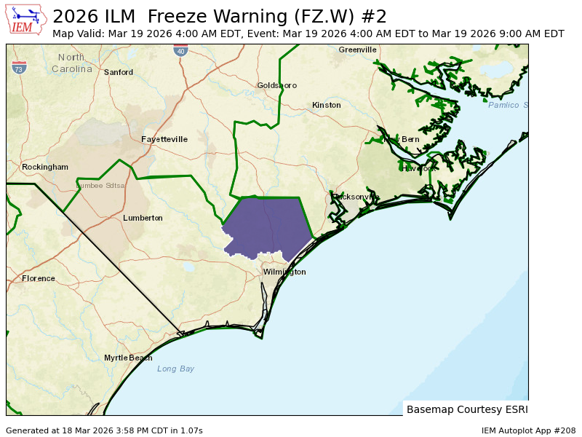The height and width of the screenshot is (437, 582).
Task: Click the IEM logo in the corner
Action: [25, 20]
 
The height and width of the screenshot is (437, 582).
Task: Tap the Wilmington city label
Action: [284, 272]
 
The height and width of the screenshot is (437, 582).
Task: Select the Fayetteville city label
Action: [164, 139]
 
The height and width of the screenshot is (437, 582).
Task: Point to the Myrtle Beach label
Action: [128, 358]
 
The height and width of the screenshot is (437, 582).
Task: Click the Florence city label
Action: [39, 278]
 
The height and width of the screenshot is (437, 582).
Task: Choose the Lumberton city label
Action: [143, 218]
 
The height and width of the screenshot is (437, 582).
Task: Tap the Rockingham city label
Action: [45, 167]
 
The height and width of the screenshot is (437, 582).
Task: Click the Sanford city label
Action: [119, 72]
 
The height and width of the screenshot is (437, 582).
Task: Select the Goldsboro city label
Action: [276, 85]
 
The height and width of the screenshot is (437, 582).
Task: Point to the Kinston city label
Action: [326, 105]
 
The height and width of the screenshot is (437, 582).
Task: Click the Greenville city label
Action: [357, 50]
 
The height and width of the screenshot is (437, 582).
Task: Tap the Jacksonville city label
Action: [356, 197]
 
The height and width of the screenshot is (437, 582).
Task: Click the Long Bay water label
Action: [175, 369]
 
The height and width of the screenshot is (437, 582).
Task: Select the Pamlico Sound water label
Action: [507, 105]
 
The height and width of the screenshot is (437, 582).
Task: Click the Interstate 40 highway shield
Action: [180, 50]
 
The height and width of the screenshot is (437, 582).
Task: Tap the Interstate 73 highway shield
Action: [19, 68]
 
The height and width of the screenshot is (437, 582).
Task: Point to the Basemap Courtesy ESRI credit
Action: [466, 409]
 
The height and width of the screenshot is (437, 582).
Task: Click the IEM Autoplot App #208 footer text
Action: [528, 430]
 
